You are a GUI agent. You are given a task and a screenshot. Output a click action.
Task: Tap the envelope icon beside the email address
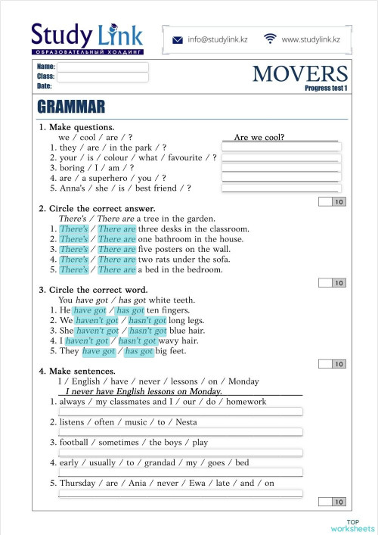tap(178, 39)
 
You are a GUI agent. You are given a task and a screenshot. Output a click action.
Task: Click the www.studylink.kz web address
tap(311, 39)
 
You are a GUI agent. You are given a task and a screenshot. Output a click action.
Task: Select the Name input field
tap(104, 67)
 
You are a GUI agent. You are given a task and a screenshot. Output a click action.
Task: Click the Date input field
tap(104, 86)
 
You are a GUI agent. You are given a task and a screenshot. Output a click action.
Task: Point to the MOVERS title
tap(300, 73)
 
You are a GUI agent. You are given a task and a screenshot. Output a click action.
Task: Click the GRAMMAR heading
tap(70, 106)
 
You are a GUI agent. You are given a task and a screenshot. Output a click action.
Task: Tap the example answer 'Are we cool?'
tap(259, 137)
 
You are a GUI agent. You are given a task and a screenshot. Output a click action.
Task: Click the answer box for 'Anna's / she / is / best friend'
tap(281, 188)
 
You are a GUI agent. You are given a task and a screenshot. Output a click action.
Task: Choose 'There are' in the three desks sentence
tap(117, 229)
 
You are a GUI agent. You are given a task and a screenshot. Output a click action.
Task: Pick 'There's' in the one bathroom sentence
tap(73, 239)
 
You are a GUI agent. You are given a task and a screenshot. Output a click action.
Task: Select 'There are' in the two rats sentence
tap(117, 260)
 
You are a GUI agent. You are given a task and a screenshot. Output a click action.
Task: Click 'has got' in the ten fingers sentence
tap(130, 310)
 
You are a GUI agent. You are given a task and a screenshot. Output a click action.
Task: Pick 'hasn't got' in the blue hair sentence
tap(148, 331)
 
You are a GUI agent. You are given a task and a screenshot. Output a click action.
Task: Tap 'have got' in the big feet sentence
tap(99, 351)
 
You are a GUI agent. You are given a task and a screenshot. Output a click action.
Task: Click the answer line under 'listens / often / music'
tap(181, 432)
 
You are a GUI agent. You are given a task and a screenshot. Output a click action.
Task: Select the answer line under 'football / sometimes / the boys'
tap(181, 453)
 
